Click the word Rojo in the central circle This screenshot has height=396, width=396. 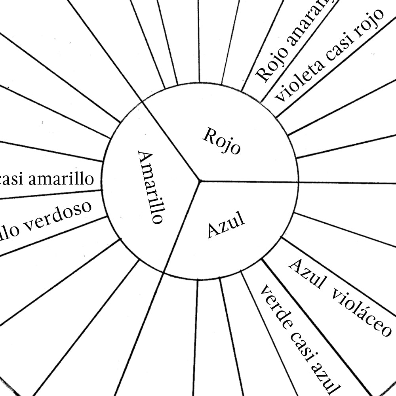click(x=221, y=141)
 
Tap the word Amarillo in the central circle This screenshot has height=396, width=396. click(x=150, y=187)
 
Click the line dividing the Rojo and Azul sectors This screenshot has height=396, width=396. click(x=249, y=182)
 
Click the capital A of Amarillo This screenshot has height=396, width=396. click(x=145, y=157)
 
